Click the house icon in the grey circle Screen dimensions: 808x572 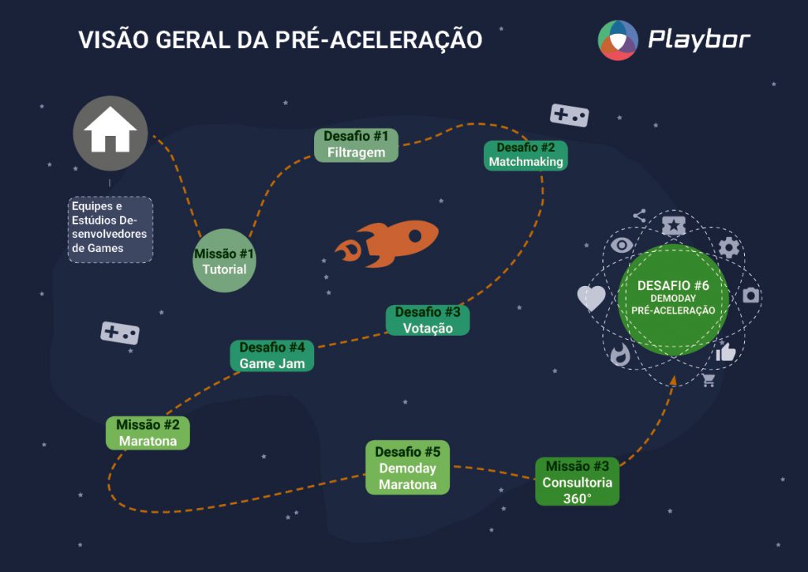coord(110,130)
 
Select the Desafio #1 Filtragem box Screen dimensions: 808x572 coord(356,145)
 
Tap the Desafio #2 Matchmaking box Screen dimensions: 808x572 coord(526,156)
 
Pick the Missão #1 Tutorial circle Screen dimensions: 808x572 coord(224,261)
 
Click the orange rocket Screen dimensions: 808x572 coord(387,243)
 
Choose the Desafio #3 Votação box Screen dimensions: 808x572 coord(428,320)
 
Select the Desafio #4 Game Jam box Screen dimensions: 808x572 coord(272,356)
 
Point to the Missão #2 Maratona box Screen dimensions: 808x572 coord(148,433)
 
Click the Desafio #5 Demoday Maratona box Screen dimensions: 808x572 coord(408,468)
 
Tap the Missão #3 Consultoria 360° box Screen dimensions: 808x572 coord(577,482)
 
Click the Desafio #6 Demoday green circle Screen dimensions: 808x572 coord(673,299)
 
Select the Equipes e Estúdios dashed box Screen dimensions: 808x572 coord(110,230)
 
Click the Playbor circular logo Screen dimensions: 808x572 coord(618,40)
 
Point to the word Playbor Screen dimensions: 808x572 coord(699,40)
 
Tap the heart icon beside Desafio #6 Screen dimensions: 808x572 coord(591,298)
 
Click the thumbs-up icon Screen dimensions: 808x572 coord(726,352)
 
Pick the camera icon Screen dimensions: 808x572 coord(751,295)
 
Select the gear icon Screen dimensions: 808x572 coord(728,247)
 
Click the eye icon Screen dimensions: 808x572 coord(622,244)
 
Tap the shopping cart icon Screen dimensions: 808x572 coord(709,381)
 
